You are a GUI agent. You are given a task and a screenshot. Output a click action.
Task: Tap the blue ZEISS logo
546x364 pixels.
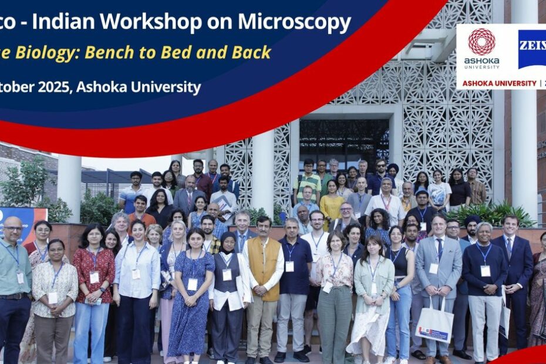click(532, 49)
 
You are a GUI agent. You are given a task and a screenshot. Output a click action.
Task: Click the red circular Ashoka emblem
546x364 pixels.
click(481, 42)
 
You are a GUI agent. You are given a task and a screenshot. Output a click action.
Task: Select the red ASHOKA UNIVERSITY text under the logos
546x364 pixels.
click(499, 83)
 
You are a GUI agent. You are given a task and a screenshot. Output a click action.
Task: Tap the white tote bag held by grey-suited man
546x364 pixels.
click(434, 323)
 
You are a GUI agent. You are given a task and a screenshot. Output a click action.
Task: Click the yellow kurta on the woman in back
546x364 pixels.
click(331, 207)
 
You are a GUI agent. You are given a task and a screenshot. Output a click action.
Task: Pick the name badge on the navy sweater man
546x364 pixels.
click(485, 271)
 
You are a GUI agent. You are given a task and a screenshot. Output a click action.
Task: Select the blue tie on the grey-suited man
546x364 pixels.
click(439, 250)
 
